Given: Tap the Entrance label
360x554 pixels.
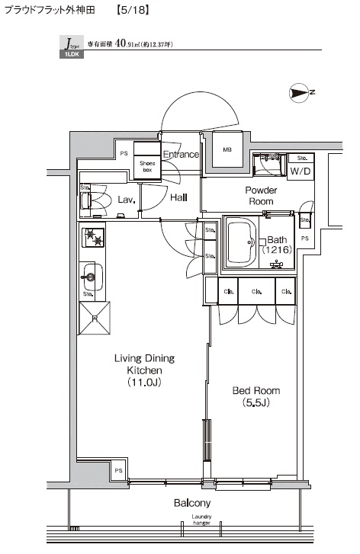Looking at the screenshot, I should (x=181, y=155).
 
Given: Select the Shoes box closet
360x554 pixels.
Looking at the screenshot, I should (x=146, y=165).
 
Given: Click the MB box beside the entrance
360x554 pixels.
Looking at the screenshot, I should (x=227, y=149).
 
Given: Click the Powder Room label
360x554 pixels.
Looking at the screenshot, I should (x=261, y=195).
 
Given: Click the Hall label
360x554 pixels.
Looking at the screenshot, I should (x=179, y=197).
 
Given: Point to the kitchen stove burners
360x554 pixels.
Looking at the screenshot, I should (x=92, y=238).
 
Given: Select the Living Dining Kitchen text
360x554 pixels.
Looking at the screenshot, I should (x=144, y=370).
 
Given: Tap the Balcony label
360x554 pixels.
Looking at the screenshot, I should (x=191, y=503).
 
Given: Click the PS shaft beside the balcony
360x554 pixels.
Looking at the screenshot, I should (x=118, y=471).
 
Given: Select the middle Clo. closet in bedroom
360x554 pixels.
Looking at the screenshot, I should (x=258, y=290).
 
